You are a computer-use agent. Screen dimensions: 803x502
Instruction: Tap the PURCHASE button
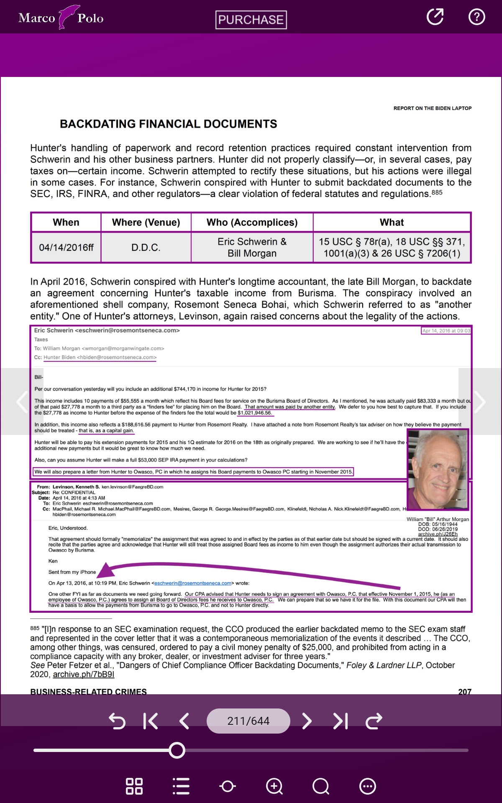point(251,20)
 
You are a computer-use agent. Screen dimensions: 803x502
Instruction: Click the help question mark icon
point(476,17)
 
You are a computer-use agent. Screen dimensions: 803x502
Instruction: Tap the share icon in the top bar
point(435,17)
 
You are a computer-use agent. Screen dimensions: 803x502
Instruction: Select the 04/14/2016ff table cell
point(66,248)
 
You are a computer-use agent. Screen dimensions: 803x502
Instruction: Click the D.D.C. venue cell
point(146,248)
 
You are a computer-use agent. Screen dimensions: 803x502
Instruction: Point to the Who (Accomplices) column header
point(252,222)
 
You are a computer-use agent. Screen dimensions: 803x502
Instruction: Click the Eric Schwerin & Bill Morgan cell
point(252,248)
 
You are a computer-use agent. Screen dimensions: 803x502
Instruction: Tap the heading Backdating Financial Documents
point(168,124)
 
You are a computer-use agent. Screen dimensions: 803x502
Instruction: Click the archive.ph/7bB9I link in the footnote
point(83,674)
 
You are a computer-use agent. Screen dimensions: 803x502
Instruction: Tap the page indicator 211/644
point(248,721)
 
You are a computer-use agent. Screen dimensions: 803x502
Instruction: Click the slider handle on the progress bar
point(177,750)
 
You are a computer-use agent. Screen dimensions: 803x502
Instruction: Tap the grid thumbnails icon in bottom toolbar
point(134,786)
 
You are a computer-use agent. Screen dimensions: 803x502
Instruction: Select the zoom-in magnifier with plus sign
point(274,786)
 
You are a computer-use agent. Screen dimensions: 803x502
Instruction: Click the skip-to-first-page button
point(150,721)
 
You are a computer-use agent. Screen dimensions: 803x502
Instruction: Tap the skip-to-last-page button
point(341,721)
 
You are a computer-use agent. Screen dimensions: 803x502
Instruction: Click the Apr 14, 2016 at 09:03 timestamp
point(446,331)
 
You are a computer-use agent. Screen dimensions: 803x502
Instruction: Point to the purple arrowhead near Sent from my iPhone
point(107,570)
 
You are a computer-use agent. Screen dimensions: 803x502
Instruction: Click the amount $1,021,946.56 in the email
point(255,413)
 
